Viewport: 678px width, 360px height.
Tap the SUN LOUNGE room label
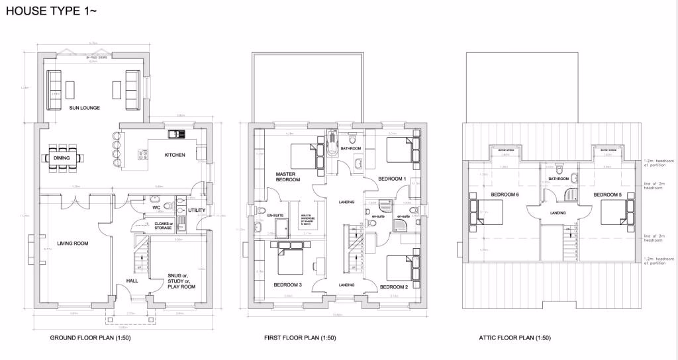84,107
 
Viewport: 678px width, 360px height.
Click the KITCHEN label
175,156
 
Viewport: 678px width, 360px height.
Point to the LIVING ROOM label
72,244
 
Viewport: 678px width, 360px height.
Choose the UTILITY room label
197,210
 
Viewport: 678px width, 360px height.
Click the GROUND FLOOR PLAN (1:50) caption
86,338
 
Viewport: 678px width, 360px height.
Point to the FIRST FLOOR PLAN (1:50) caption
300,338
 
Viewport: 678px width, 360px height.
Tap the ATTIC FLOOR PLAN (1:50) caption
514,338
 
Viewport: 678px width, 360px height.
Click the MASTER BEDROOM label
288,177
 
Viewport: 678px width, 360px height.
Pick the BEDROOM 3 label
287,285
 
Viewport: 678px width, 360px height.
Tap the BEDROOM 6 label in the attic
505,195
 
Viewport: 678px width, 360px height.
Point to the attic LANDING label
557,213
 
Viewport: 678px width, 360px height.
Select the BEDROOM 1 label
391,179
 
